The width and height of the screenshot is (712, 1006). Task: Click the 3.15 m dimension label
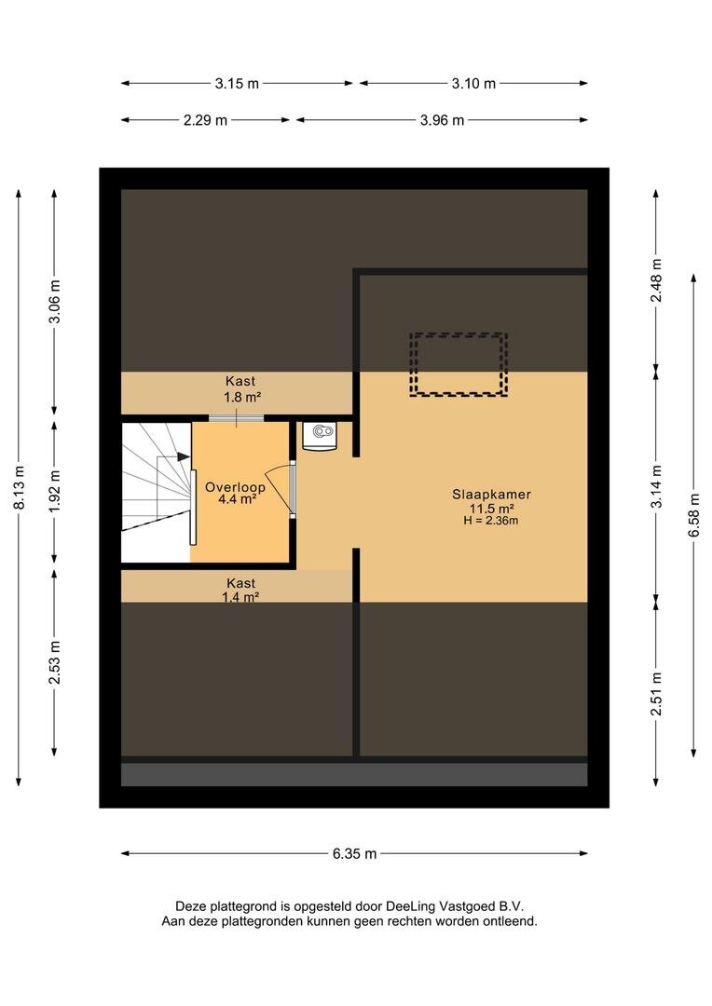tap(237, 84)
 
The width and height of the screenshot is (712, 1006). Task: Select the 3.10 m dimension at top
tap(473, 84)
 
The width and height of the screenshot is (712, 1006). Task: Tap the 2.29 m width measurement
tap(205, 120)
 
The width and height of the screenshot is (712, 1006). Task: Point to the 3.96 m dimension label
tap(441, 120)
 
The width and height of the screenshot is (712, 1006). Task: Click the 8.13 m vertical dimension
tap(18, 488)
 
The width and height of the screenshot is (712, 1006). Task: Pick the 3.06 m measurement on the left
tap(54, 301)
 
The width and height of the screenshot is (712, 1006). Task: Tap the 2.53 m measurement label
tap(54, 661)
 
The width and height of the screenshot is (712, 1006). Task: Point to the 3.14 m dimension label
tap(656, 485)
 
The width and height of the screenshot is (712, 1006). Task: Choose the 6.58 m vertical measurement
tap(693, 515)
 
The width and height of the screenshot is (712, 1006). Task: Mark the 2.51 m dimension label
tap(656, 694)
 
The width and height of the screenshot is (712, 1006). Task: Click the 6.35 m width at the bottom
tap(354, 853)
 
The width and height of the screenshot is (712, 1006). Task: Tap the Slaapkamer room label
tap(492, 495)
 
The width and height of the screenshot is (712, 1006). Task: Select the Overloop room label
tap(236, 486)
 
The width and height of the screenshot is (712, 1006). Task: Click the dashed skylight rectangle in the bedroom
tap(459, 364)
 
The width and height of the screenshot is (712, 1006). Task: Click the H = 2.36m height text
tap(491, 521)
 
